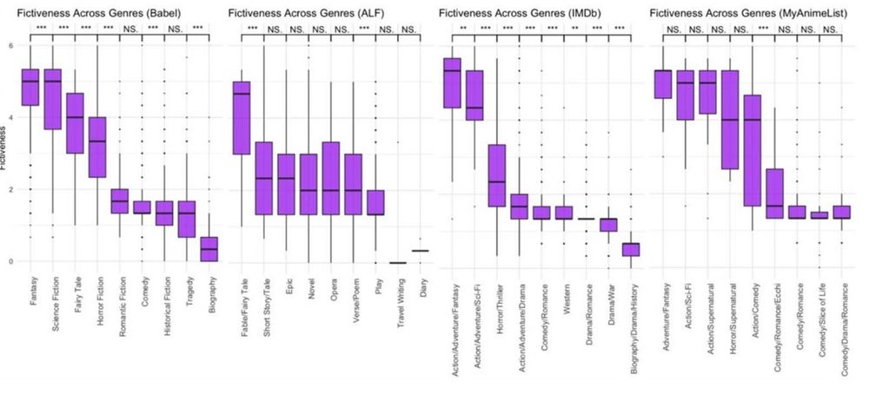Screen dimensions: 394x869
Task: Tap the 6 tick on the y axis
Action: [10, 45]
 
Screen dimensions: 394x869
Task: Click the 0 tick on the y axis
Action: [10, 261]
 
